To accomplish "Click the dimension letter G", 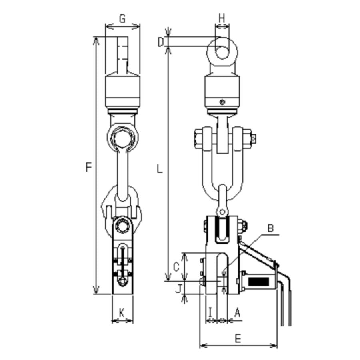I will [122, 18].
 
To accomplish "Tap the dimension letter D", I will [161, 42].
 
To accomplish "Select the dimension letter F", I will [89, 167].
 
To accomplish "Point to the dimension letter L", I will [160, 169].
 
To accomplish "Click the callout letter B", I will [270, 228].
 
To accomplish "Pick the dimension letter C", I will [176, 266].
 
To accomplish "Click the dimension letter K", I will [122, 313].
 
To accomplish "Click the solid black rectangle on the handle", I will [258, 281].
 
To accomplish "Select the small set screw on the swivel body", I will [222, 102].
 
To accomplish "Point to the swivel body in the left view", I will [122, 91].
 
